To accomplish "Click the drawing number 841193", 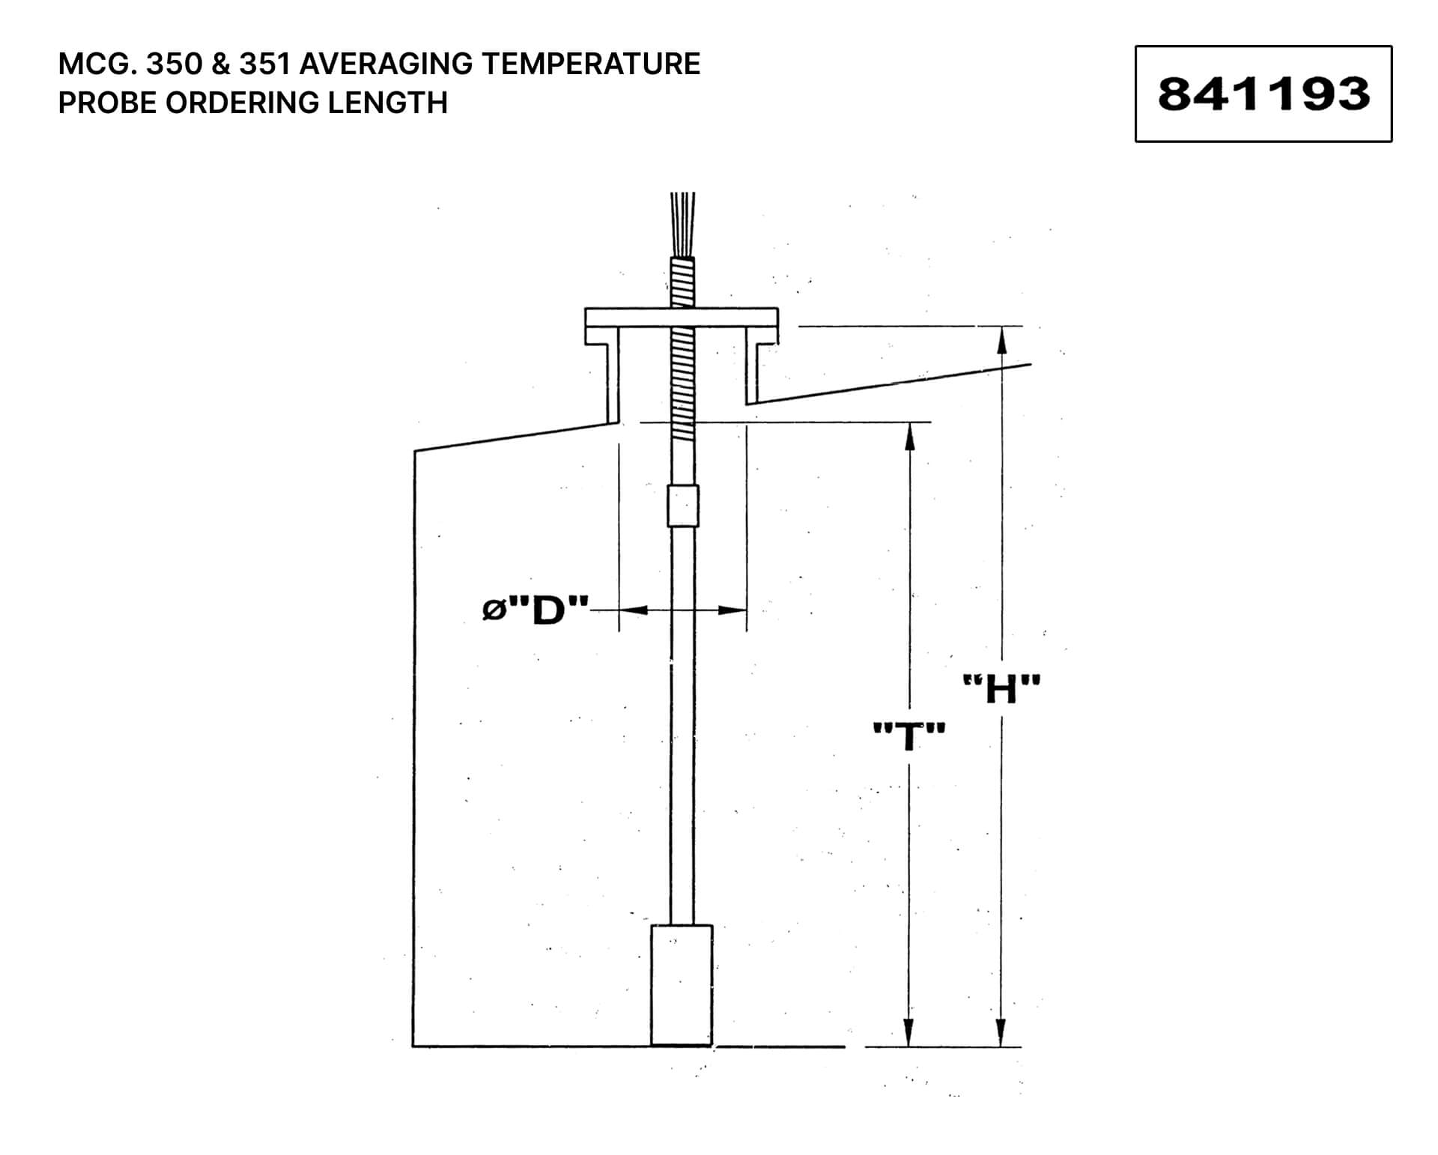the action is (1263, 94).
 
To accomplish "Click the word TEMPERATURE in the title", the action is (590, 64).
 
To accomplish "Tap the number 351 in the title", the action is (264, 64).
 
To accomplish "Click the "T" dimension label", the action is (909, 736).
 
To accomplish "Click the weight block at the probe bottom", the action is (682, 984).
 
